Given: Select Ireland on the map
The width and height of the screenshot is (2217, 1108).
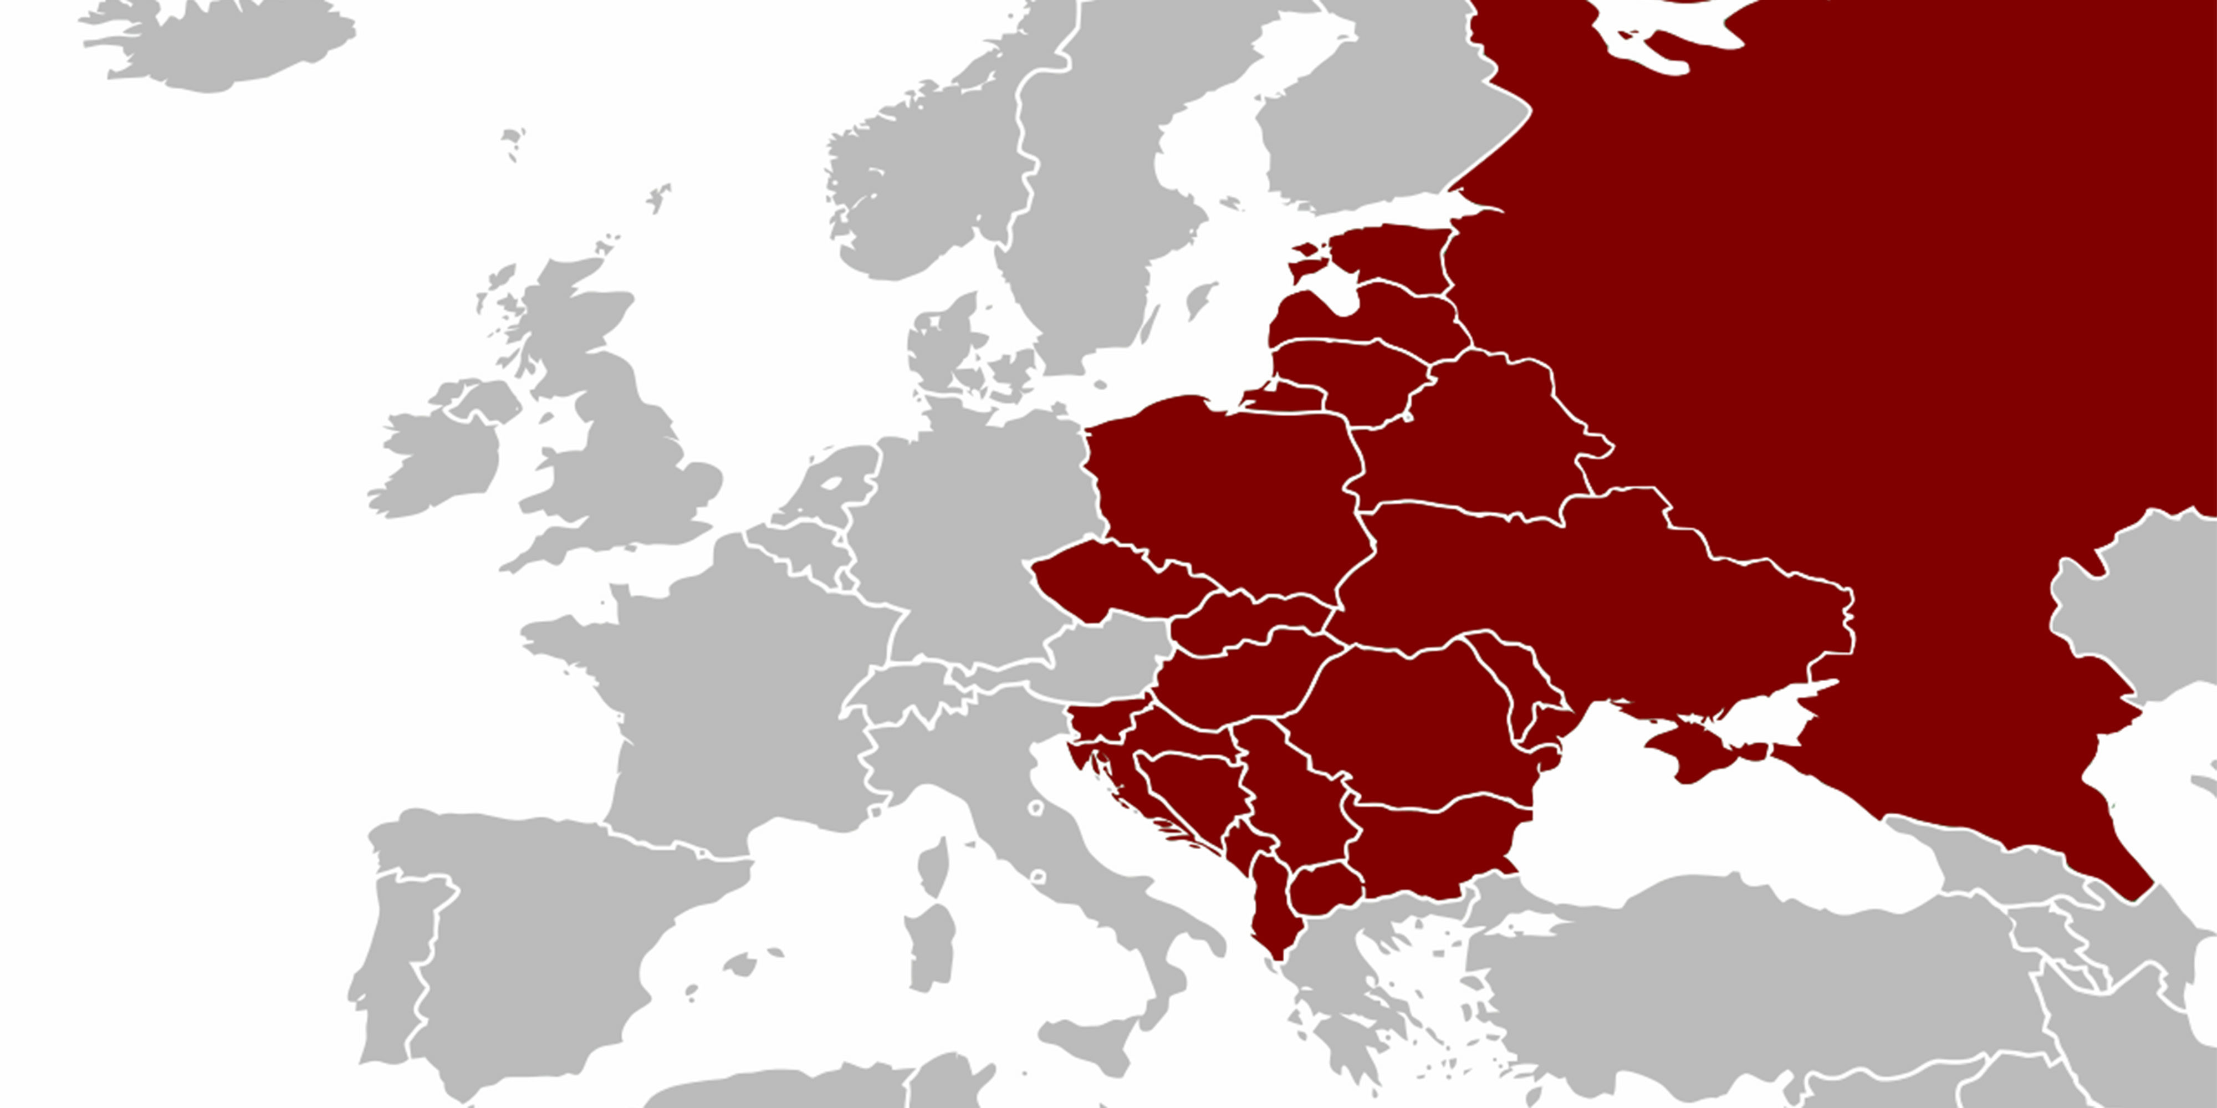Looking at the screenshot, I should coord(439,461).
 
